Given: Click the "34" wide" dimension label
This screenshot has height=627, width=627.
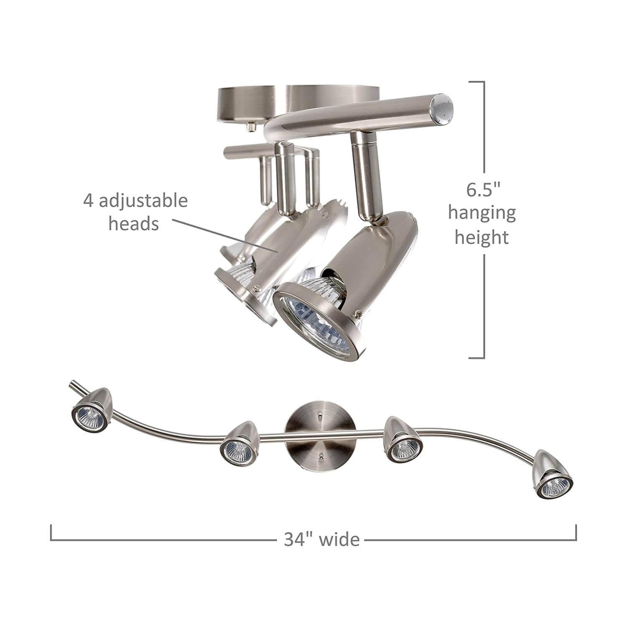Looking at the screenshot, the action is [321, 539].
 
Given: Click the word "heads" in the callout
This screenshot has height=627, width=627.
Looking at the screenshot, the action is [134, 224].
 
